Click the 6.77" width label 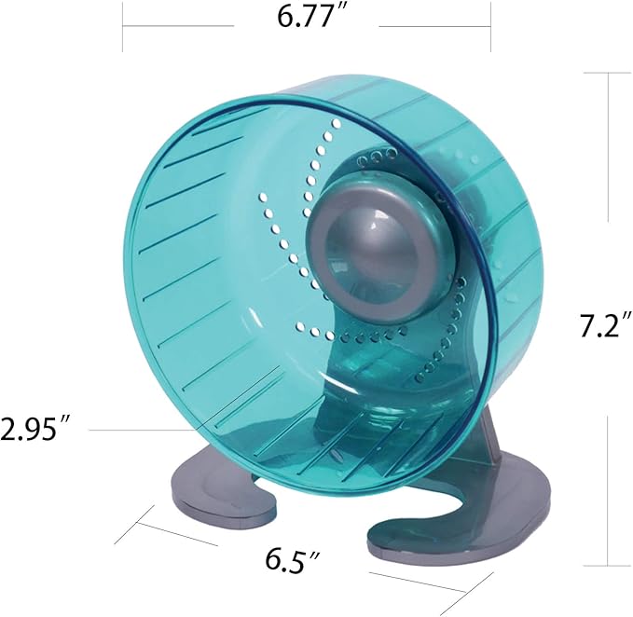(307, 19)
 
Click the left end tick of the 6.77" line (122, 25)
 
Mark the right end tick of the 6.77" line (490, 25)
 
